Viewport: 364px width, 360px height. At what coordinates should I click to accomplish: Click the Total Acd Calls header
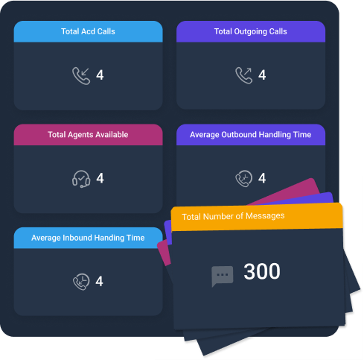(x=88, y=31)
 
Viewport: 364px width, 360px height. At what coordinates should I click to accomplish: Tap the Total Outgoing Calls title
(x=251, y=31)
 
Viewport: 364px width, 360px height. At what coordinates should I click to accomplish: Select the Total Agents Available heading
(x=88, y=135)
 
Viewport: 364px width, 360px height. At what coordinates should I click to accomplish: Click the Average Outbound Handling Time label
(x=251, y=135)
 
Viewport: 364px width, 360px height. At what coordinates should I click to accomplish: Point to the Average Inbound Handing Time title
(x=88, y=238)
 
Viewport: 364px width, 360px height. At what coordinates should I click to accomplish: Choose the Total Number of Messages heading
(x=233, y=216)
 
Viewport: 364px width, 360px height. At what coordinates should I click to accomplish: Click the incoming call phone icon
(x=81, y=76)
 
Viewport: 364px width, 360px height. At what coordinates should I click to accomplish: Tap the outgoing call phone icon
(x=244, y=75)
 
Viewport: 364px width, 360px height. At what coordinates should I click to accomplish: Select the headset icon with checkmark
(x=81, y=179)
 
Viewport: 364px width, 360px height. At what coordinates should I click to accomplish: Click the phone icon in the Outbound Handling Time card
(x=244, y=178)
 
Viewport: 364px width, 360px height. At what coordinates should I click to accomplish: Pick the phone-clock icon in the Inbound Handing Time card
(x=81, y=282)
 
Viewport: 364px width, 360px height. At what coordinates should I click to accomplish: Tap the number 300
(x=262, y=271)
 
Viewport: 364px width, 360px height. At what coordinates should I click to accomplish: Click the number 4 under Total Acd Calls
(x=100, y=75)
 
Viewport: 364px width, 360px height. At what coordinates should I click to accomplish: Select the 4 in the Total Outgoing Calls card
(x=262, y=75)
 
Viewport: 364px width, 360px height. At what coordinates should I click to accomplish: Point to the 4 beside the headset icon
(x=100, y=178)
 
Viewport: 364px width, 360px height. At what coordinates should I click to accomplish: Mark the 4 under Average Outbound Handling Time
(x=262, y=178)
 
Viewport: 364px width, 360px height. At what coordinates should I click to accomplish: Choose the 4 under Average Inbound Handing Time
(x=100, y=281)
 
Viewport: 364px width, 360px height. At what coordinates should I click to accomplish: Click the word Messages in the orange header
(x=265, y=215)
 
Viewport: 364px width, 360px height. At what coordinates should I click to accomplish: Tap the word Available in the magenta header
(x=112, y=135)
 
